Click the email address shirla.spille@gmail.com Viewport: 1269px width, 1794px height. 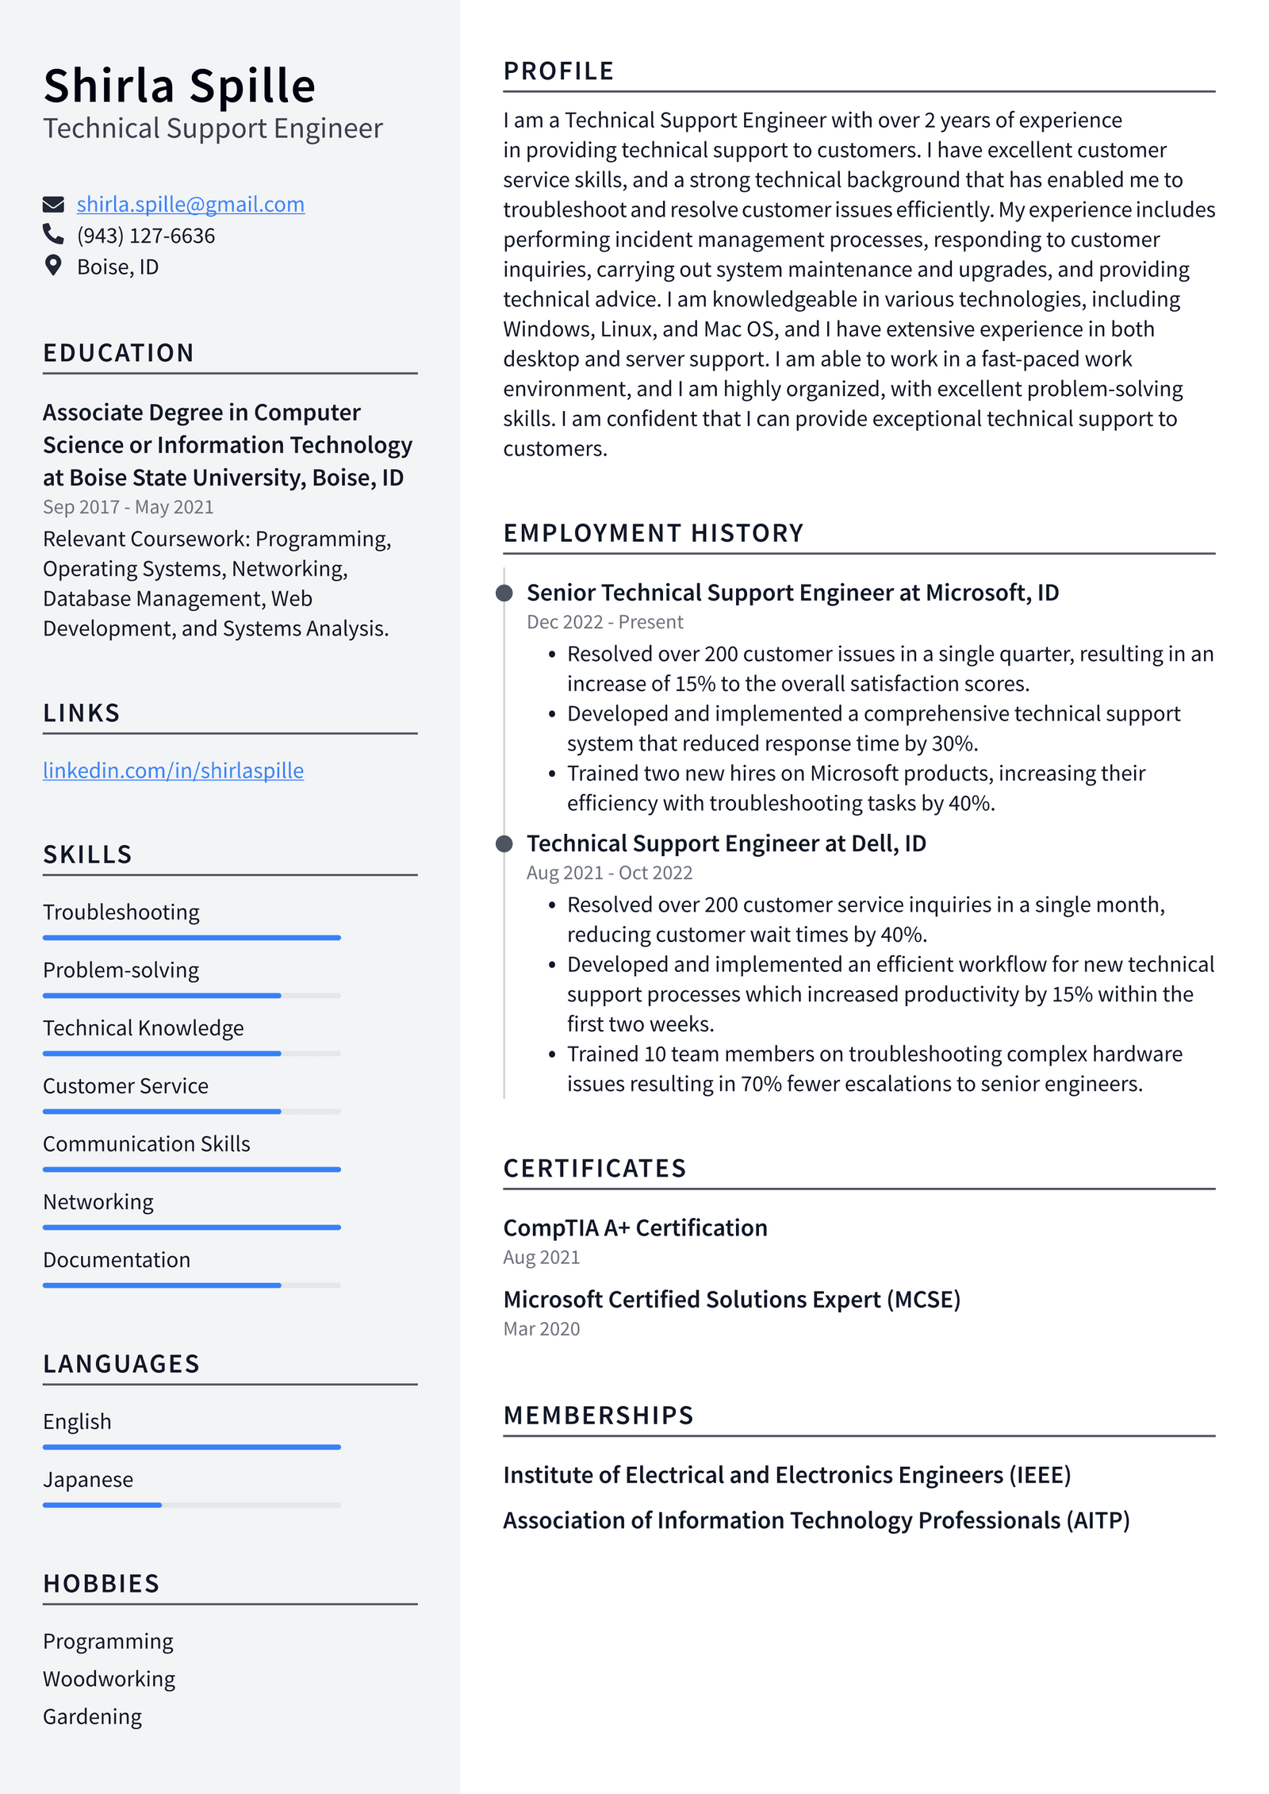click(190, 205)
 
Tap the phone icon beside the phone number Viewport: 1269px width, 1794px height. click(53, 234)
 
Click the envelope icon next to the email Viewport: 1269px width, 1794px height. click(53, 205)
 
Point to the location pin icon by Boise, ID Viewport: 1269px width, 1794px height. click(53, 266)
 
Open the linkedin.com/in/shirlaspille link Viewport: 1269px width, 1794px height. click(173, 770)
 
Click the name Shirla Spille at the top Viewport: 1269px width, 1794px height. click(179, 86)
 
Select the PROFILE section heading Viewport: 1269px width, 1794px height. click(558, 71)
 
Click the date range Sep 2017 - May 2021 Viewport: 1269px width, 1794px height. click(128, 507)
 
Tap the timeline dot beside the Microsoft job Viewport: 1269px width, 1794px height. click(504, 593)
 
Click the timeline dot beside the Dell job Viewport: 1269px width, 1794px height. click(504, 843)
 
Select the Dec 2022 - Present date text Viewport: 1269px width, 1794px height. click(604, 622)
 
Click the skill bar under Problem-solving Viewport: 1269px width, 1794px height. click(191, 995)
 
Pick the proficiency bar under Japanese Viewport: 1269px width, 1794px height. click(191, 1504)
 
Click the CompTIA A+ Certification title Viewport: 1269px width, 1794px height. click(635, 1227)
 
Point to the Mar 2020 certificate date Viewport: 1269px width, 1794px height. click(542, 1329)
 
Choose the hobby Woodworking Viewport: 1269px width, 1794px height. click(109, 1679)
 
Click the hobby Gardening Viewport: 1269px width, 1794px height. click(93, 1716)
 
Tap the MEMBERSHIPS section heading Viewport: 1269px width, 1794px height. click(599, 1416)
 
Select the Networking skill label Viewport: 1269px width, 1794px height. click(98, 1202)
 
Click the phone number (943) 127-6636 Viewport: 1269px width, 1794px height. click(146, 236)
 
